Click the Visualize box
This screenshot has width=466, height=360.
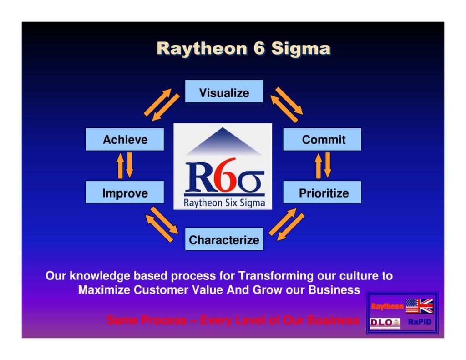coord(224,91)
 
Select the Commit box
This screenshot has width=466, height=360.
coord(322,139)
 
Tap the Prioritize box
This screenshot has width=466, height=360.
coord(322,193)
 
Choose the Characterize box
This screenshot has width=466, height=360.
coord(224,239)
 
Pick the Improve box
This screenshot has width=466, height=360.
coord(125,193)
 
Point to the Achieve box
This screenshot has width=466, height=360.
coord(125,139)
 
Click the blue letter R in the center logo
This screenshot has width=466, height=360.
coord(199,177)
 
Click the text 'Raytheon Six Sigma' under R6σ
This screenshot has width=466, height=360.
coord(224,203)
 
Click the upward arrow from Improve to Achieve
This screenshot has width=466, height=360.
coord(120,166)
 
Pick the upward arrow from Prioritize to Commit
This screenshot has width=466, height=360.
coord(318,166)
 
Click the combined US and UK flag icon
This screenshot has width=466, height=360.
coord(419,306)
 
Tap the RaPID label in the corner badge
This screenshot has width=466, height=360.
coord(419,322)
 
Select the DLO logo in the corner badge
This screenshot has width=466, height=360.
coord(385,322)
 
